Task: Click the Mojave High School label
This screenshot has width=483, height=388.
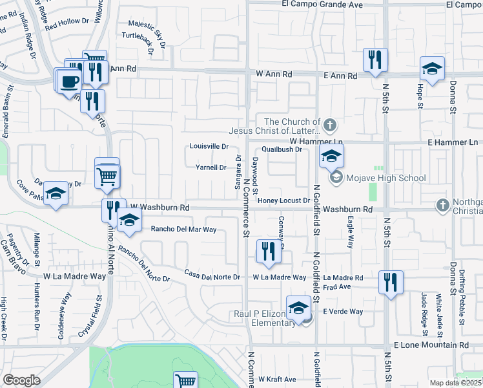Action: [x=386, y=178]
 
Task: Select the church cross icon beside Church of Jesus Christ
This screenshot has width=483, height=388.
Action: [x=330, y=124]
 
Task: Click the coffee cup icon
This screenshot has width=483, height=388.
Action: [x=68, y=81]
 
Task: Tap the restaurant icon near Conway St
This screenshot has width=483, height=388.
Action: [x=269, y=251]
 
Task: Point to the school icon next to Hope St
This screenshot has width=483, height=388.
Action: [x=432, y=69]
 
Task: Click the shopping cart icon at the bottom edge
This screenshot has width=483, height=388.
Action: [x=185, y=382]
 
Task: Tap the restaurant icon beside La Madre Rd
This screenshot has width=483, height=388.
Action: [x=391, y=282]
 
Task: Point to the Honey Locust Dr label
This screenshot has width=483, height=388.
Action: [x=284, y=200]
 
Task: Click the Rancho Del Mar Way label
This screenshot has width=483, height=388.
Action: [x=183, y=229]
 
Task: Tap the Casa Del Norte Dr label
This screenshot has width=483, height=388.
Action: [x=212, y=277]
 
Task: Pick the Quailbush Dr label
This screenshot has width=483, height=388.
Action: [x=281, y=149]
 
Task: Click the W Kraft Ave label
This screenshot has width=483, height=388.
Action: [x=277, y=379]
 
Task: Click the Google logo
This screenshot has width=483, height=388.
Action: [x=21, y=380]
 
